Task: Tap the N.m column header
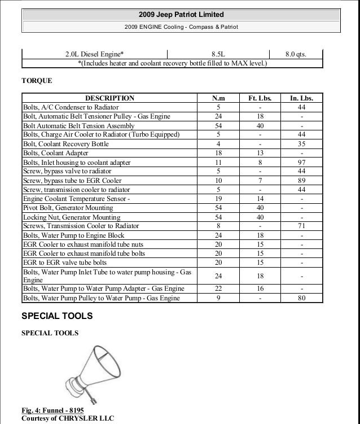(x=218, y=98)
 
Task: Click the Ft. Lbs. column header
(x=260, y=98)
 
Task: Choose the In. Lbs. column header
(x=301, y=98)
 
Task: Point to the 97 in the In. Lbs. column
(x=302, y=162)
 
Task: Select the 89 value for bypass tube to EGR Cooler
(x=302, y=180)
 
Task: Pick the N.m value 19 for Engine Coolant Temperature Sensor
(x=218, y=199)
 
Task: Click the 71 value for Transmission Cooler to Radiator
(x=302, y=226)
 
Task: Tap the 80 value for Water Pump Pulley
(x=302, y=297)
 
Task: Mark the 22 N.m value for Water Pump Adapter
(x=218, y=288)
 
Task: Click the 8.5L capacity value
(x=219, y=55)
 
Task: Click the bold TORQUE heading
(x=36, y=81)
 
